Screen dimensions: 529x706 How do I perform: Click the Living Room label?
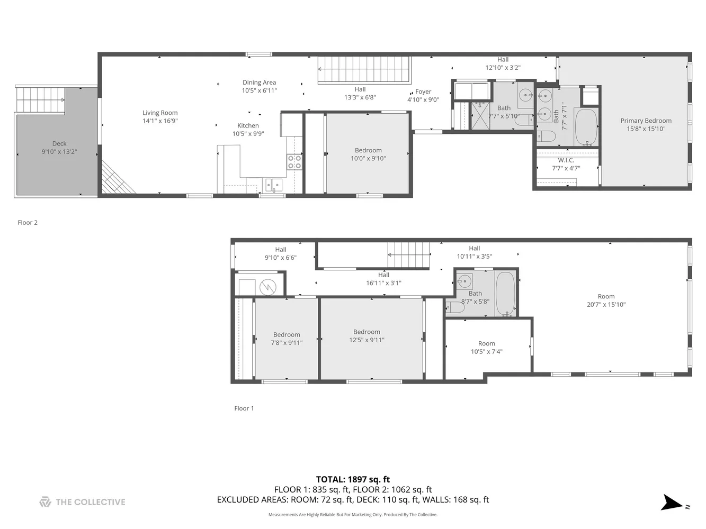[x=160, y=113]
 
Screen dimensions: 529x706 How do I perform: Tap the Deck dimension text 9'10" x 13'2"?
[x=59, y=152]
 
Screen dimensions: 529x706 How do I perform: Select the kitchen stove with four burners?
[x=294, y=162]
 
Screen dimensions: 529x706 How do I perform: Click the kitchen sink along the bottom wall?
[x=274, y=185]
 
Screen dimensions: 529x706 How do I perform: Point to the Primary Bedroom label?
[x=646, y=121]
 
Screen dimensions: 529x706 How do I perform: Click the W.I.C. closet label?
[x=566, y=160]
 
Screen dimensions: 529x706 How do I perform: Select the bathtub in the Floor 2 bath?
[x=586, y=127]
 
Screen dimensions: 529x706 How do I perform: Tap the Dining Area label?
[x=259, y=83]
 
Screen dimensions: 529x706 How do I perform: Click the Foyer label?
[x=423, y=92]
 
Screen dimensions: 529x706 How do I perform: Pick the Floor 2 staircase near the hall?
[x=364, y=70]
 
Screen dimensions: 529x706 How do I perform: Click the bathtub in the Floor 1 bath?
[x=505, y=294]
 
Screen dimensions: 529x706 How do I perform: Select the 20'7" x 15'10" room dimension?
[x=606, y=305]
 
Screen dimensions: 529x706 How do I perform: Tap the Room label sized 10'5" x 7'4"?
[x=486, y=343]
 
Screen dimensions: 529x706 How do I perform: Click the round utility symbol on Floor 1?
[x=268, y=287]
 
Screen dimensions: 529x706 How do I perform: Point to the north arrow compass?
[x=674, y=503]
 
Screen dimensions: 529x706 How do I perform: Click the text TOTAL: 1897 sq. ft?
[x=353, y=480]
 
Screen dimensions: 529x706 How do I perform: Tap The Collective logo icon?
[x=45, y=502]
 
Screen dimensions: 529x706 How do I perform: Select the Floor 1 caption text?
[x=244, y=408]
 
